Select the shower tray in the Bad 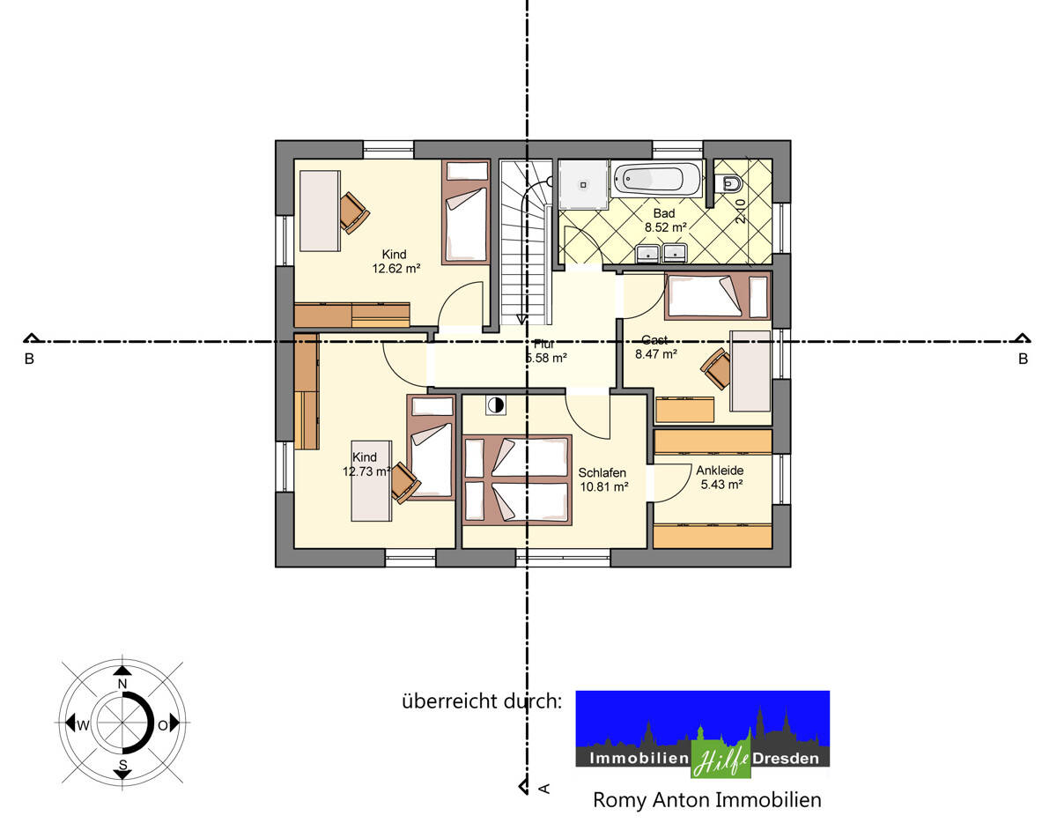tap(583, 185)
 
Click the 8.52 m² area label tap(664, 226)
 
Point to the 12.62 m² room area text tap(395, 269)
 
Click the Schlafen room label tap(602, 473)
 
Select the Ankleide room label tap(720, 471)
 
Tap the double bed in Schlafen tap(517, 480)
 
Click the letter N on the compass tap(122, 685)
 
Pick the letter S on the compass tap(122, 763)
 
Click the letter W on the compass tap(83, 725)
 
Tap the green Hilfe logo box tap(720, 758)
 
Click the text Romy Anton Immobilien tap(706, 800)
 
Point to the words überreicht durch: tap(482, 701)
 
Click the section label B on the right tap(1023, 359)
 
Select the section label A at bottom tap(543, 788)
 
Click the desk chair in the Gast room tap(717, 368)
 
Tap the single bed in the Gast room tap(717, 296)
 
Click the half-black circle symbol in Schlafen tap(496, 405)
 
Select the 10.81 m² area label tap(603, 486)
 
